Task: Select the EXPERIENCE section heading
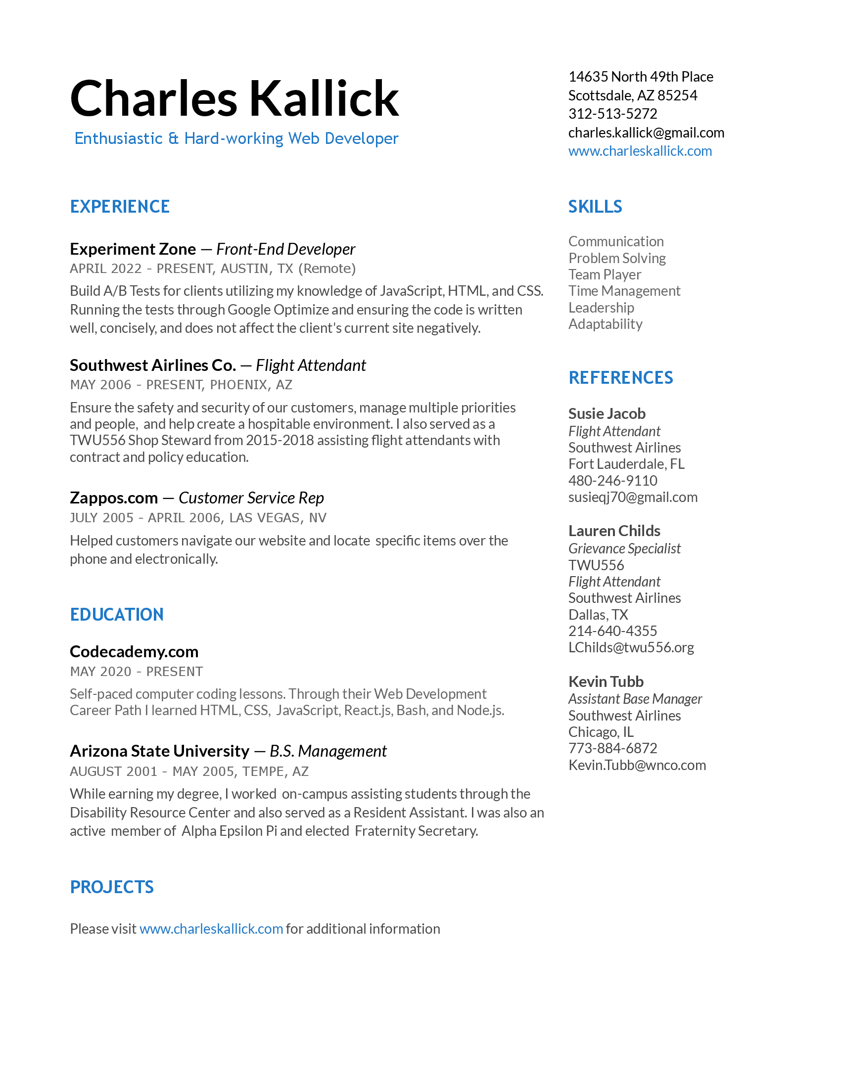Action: [120, 207]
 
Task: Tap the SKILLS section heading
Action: [595, 207]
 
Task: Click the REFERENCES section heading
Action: [620, 378]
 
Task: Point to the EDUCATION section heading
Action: [117, 614]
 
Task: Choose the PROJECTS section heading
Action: [112, 887]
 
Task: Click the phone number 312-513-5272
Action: [612, 114]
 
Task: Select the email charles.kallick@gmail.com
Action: [646, 133]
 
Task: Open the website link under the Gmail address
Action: [640, 151]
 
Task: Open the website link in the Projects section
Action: [211, 929]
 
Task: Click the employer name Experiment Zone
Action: [133, 249]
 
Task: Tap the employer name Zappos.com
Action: [114, 498]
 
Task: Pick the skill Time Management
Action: [624, 291]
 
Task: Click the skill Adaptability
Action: [605, 324]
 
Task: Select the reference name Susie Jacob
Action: [607, 413]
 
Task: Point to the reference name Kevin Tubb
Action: [606, 681]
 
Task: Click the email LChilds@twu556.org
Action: [631, 647]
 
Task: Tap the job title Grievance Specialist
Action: [624, 548]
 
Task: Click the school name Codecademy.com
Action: [134, 652]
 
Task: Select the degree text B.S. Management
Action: [328, 751]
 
